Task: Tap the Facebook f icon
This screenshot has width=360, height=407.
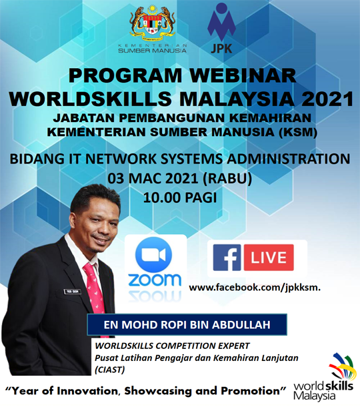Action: (227, 258)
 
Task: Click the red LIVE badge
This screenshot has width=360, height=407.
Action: (269, 258)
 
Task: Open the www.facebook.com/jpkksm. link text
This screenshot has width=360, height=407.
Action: (255, 288)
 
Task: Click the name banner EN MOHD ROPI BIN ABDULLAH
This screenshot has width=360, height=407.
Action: (187, 328)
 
